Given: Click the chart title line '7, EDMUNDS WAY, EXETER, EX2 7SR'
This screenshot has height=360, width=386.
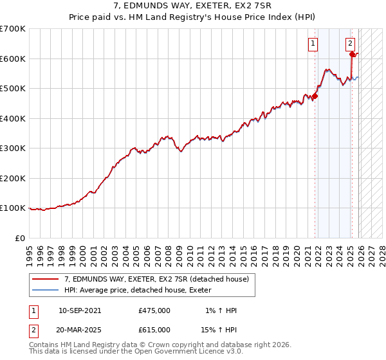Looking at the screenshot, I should (x=193, y=6).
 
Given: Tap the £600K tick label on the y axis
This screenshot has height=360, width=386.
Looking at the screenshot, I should (x=13, y=59).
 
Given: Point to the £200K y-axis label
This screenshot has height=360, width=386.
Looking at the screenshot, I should (x=13, y=178).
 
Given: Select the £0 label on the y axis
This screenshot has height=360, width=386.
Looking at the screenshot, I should (x=21, y=238).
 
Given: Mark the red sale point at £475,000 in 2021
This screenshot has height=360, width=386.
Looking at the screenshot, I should (x=315, y=96).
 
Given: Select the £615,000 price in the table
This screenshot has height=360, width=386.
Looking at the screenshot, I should (x=154, y=330).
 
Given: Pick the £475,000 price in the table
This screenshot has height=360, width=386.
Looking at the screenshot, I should (x=154, y=310).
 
